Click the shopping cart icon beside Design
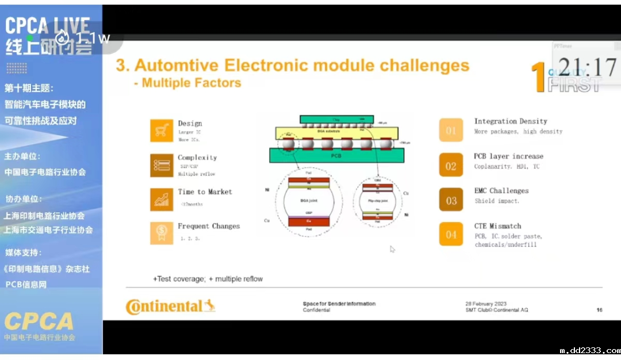pyautogui.click(x=162, y=131)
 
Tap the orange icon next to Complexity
pyautogui.click(x=162, y=165)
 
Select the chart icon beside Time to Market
pyautogui.click(x=162, y=199)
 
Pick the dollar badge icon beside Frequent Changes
pyautogui.click(x=162, y=233)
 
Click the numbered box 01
pyautogui.click(x=451, y=131)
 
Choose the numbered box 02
pyautogui.click(x=451, y=166)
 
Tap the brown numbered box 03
pyautogui.click(x=451, y=200)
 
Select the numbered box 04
pyautogui.click(x=451, y=234)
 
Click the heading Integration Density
pyautogui.click(x=511, y=121)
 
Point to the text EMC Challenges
pyautogui.click(x=501, y=191)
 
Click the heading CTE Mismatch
pyautogui.click(x=497, y=226)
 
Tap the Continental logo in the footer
pyautogui.click(x=170, y=307)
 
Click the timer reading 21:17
pyautogui.click(x=587, y=68)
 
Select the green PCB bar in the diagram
pyautogui.click(x=336, y=155)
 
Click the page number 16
pyautogui.click(x=599, y=310)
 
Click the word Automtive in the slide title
pyautogui.click(x=176, y=65)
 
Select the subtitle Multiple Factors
pyautogui.click(x=191, y=83)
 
